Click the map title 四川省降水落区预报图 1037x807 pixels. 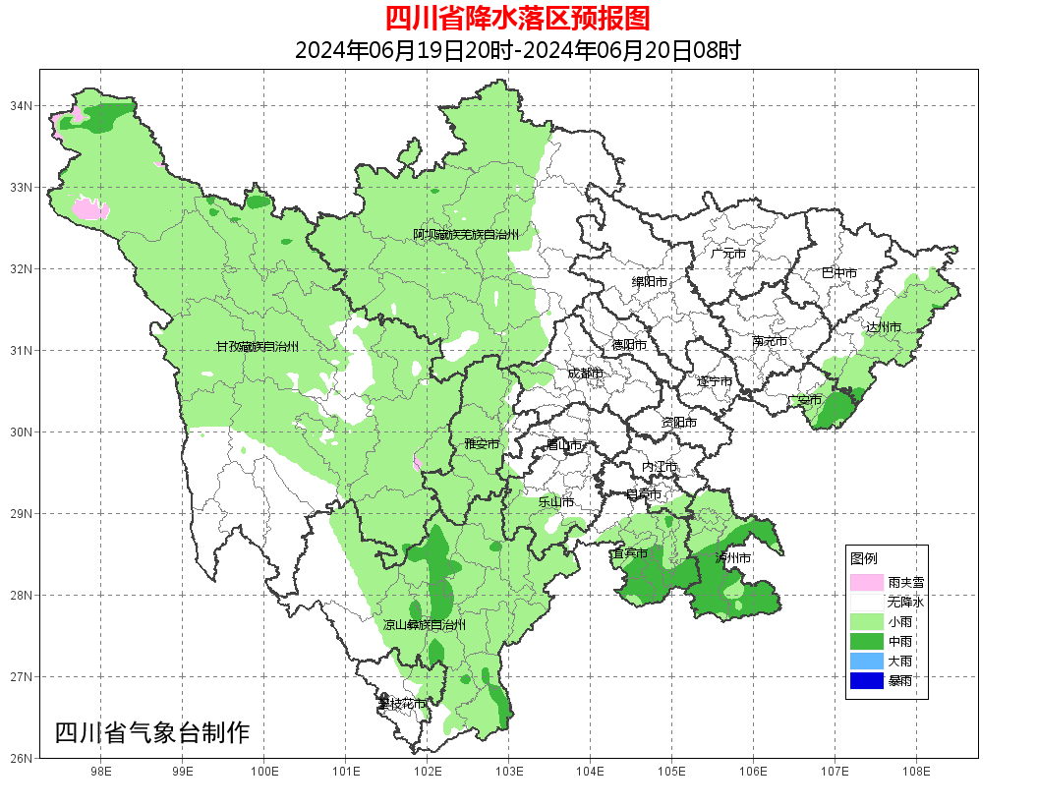[x=518, y=19]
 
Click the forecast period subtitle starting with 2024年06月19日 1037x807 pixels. [x=518, y=50]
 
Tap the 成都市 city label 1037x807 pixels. [x=585, y=374]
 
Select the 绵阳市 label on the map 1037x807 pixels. [x=650, y=282]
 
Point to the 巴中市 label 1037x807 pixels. [x=839, y=273]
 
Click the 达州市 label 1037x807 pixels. [x=884, y=326]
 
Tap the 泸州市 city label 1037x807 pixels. [x=733, y=558]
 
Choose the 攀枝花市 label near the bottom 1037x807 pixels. [x=402, y=704]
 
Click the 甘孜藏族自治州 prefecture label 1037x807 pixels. [x=257, y=347]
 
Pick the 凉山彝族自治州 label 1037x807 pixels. [x=425, y=625]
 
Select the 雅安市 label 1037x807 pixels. [x=482, y=444]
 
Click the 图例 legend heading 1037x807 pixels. [x=864, y=558]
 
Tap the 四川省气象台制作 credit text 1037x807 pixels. [x=152, y=732]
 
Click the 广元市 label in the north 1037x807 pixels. [x=728, y=254]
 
